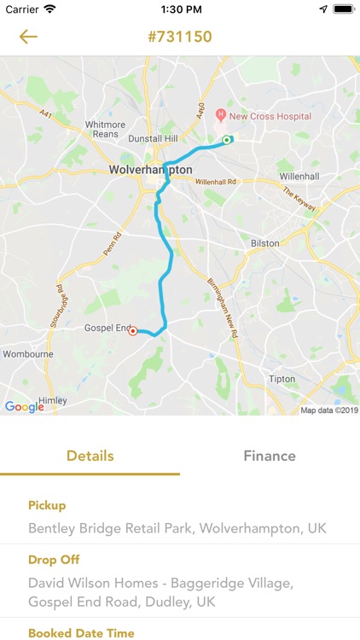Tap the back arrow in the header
(x=28, y=37)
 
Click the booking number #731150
(x=180, y=37)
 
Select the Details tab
(x=90, y=456)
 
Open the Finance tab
(x=270, y=456)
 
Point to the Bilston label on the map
(x=264, y=243)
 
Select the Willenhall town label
(x=298, y=177)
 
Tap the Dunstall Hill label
(x=152, y=138)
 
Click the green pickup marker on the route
(x=227, y=140)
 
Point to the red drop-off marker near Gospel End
(x=133, y=332)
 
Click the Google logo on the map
(x=24, y=407)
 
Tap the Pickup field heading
(x=47, y=505)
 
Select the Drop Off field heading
(x=53, y=560)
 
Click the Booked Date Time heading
(x=81, y=633)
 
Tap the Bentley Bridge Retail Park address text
(x=177, y=528)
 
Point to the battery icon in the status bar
(x=343, y=9)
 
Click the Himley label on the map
(x=51, y=399)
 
